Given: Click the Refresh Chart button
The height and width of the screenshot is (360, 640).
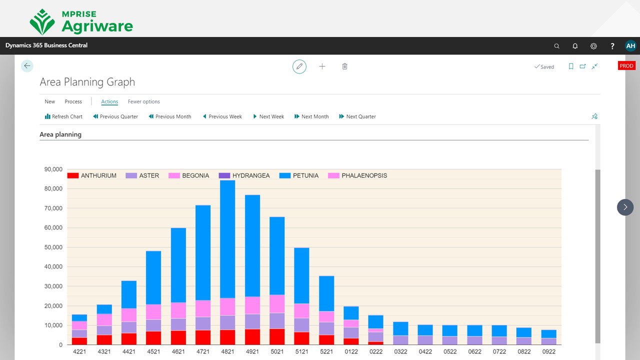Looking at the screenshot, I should coord(63,116).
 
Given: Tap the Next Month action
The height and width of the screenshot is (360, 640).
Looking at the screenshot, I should coord(311,116).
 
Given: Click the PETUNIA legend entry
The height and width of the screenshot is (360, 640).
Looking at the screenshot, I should coord(299,175).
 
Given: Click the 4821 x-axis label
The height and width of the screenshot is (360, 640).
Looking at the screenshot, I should coord(227,351).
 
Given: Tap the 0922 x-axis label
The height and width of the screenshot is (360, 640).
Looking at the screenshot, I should coord(548,351).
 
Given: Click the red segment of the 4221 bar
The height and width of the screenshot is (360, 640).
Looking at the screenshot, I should coord(79,341).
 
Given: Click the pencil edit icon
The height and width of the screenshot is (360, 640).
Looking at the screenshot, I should coord(299,66).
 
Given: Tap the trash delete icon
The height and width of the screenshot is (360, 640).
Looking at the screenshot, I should coord(344,66).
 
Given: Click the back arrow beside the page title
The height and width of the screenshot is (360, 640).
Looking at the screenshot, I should coord(27,65).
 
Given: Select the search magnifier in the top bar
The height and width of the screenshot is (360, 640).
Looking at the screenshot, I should coord(556,46).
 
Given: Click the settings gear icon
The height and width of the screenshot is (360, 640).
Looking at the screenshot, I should coord(593,46).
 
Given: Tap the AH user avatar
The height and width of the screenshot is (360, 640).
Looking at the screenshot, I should coord(630,46).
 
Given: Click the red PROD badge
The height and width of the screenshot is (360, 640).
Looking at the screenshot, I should coord(626,66).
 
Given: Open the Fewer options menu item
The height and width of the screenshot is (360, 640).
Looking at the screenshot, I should coord(144,101).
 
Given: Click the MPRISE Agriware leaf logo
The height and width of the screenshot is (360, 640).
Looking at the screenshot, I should coord(42,22).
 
